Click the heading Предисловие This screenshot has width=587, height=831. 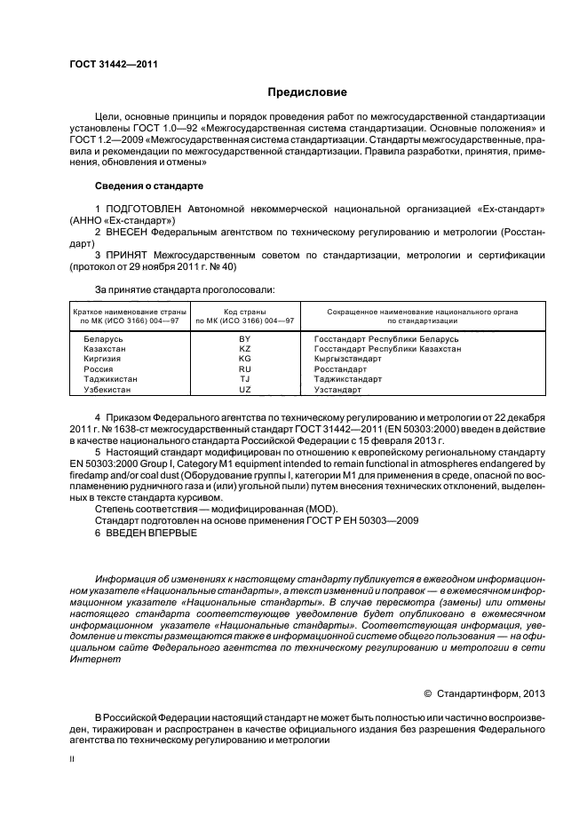click(307, 92)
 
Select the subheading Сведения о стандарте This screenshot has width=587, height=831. click(148, 186)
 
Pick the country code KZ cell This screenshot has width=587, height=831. click(245, 350)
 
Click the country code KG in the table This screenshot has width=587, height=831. click(245, 360)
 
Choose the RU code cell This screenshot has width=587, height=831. click(245, 369)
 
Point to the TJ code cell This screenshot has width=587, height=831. click(245, 379)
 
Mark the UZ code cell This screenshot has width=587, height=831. click(245, 390)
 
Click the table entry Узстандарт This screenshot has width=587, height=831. click(338, 390)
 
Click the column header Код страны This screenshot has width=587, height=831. click(245, 312)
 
